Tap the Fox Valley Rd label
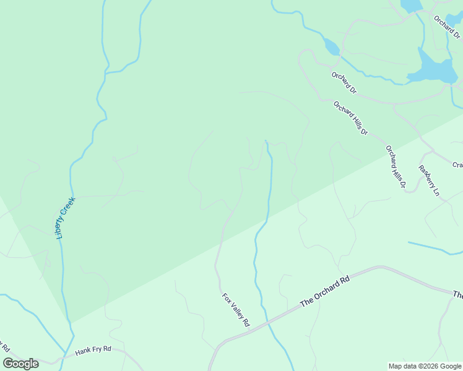coord(236,309)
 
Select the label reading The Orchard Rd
coord(325,291)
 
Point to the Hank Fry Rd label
coord(93,350)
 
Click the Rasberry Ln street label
coord(428,181)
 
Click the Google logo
coord(21,364)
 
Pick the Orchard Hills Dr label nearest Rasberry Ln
coord(395,166)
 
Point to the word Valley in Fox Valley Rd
coord(236,309)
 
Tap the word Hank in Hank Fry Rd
coord(83,351)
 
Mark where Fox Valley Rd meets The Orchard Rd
coord(250,330)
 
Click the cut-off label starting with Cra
coord(457,165)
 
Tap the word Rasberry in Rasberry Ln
coord(426,176)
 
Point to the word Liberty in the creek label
coord(60,230)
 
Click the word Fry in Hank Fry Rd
coord(97,350)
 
